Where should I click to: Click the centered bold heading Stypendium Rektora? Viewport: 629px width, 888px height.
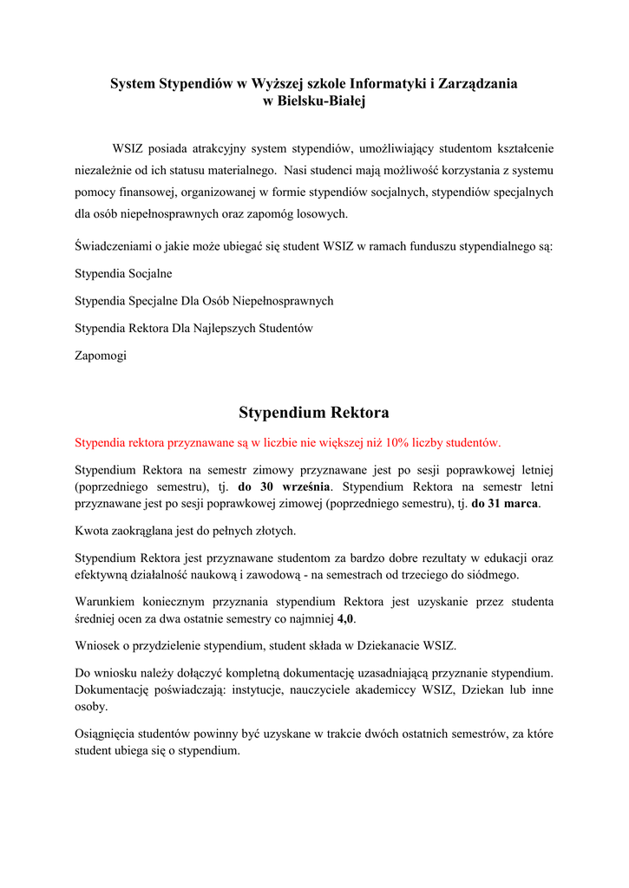coord(314,412)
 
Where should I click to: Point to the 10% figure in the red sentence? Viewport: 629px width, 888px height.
coord(398,442)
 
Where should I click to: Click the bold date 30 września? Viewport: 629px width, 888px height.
coord(285,486)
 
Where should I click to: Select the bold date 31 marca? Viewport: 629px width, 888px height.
coord(505,504)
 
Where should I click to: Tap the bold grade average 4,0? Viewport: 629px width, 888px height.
coord(346,619)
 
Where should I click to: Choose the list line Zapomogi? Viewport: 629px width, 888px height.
coord(101,356)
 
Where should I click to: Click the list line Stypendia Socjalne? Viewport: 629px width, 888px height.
coord(123,273)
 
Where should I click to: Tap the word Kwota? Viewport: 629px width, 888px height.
coord(92,531)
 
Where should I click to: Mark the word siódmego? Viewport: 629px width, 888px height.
coord(495,575)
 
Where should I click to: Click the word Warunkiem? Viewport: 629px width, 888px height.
coord(105,602)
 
